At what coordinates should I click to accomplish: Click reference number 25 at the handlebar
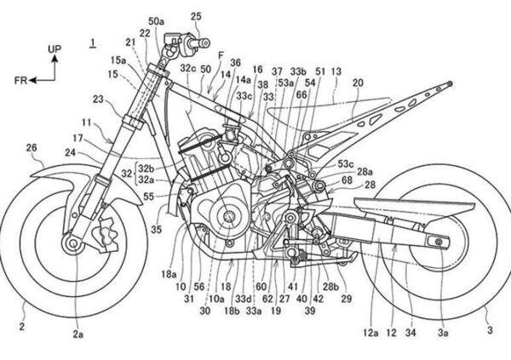197,16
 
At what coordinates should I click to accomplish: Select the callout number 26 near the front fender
32,148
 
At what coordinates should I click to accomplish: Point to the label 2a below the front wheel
78,334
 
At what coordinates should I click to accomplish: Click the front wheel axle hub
72,245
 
